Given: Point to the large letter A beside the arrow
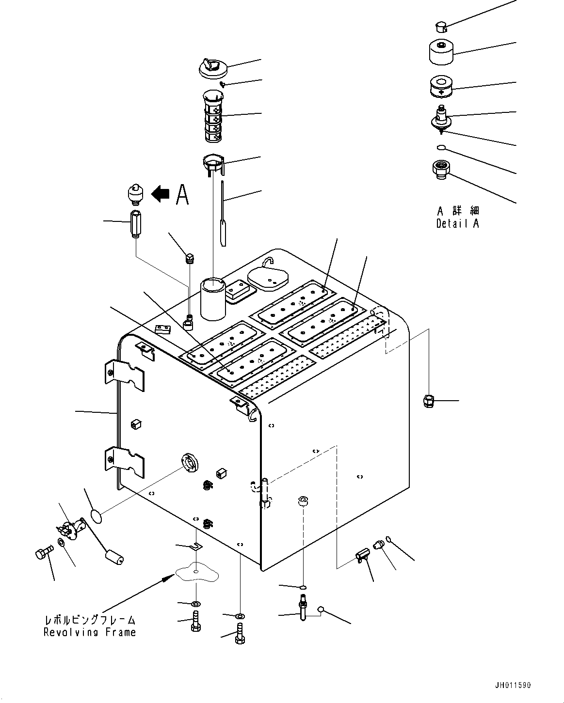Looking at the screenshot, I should (x=182, y=194).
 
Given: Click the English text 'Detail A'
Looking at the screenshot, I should (x=457, y=223).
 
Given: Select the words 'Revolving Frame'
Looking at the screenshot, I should (x=90, y=632).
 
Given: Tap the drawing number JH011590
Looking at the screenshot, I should (x=513, y=685).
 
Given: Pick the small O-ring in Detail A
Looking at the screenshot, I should (x=440, y=147).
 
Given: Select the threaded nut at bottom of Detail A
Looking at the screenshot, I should (x=440, y=171).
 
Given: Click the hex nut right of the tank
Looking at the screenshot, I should (x=428, y=401).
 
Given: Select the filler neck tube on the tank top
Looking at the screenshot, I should (x=213, y=297).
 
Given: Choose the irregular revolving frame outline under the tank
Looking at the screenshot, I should (x=196, y=575).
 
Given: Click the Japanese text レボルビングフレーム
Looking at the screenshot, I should (x=90, y=620).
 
